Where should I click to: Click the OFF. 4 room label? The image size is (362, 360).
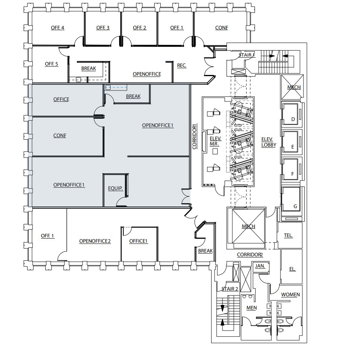click(x=58, y=28)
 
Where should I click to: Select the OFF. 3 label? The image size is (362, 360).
click(x=103, y=28)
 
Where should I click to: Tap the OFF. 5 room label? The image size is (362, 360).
click(x=52, y=64)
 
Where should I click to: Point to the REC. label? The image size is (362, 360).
click(x=182, y=66)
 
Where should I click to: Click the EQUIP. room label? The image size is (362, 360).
click(x=116, y=188)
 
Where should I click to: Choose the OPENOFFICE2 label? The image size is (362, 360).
click(x=95, y=241)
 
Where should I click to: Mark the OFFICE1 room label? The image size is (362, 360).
click(x=138, y=241)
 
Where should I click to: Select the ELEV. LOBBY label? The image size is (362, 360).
click(x=269, y=142)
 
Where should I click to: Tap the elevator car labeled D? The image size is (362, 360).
click(x=293, y=120)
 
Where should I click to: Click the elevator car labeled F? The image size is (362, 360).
click(x=293, y=175)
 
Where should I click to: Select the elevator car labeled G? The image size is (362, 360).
click(x=295, y=207)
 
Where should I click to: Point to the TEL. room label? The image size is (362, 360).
click(x=288, y=236)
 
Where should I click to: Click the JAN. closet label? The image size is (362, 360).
click(x=260, y=266)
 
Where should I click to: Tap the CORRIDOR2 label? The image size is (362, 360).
click(x=250, y=255)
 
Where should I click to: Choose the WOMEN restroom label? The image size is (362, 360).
click(x=290, y=294)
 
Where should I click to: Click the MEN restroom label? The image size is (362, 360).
click(x=252, y=308)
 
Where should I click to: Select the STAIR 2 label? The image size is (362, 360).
click(x=230, y=289)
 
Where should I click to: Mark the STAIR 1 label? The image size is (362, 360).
click(x=247, y=55)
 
